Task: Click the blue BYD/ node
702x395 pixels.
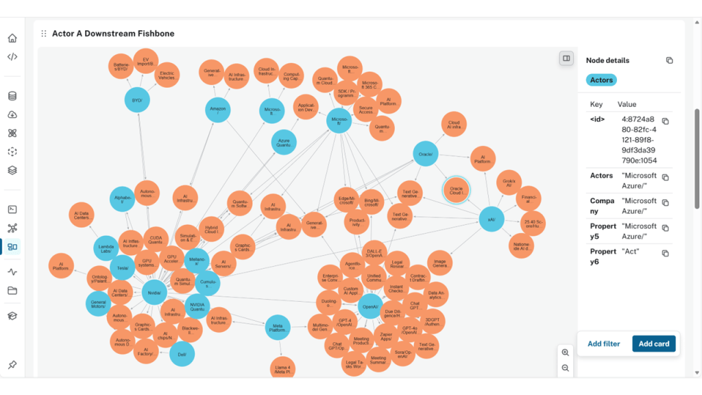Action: click(138, 100)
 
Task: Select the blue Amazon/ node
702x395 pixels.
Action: click(218, 110)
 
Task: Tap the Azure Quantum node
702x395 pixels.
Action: click(285, 142)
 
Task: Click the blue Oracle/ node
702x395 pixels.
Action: click(425, 155)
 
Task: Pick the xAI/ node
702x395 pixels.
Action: click(492, 219)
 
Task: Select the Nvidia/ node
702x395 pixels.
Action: click(154, 292)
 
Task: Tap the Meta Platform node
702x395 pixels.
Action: click(278, 327)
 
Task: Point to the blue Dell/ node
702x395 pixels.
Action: click(182, 354)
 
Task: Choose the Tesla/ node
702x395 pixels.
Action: click(123, 267)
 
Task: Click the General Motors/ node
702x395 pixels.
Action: click(98, 303)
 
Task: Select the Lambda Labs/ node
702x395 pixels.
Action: click(106, 248)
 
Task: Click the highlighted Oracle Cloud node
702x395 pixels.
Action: click(456, 190)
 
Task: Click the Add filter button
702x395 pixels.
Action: click(603, 344)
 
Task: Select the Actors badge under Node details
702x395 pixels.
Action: click(601, 80)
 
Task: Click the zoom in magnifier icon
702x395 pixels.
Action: click(566, 352)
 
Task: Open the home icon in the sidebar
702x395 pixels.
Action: click(12, 38)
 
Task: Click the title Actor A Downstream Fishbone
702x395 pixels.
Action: click(113, 34)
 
